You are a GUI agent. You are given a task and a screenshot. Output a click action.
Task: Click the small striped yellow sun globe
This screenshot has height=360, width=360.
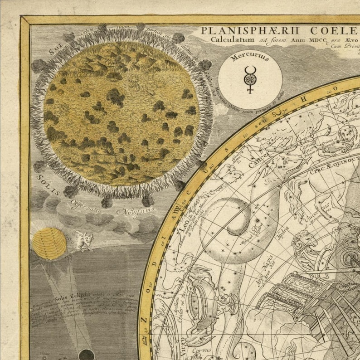(x=49, y=243)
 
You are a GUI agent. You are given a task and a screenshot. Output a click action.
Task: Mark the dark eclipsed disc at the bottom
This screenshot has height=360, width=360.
(x=87, y=355)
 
